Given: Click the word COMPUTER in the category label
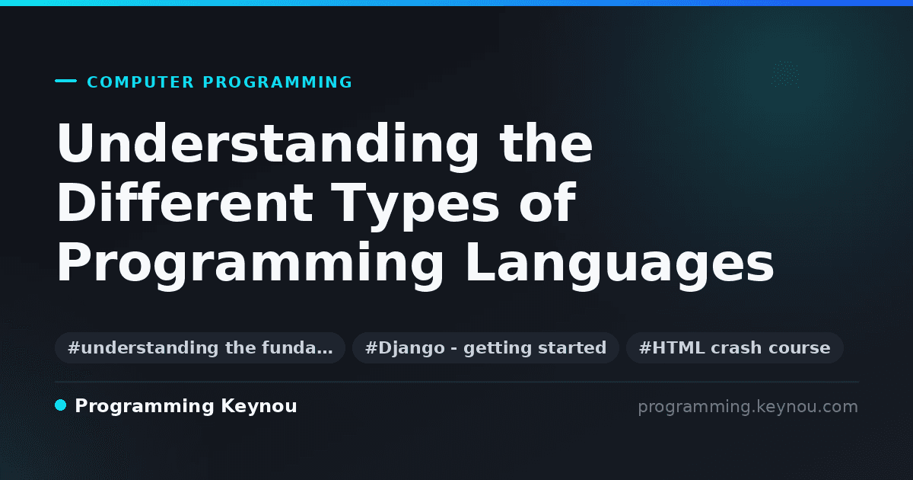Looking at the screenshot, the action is coord(141,82).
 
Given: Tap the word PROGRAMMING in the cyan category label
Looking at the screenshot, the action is coord(277,82).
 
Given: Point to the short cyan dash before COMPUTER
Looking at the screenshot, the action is coord(65,81).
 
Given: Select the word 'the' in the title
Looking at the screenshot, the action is coord(546,143).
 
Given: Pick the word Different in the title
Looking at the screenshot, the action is coord(185,203).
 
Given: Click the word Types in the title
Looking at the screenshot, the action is coord(415,206).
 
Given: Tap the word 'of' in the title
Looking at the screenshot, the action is coord(547,203).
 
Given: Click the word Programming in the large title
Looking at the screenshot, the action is coord(250,265).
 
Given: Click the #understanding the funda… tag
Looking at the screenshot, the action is coord(200,347).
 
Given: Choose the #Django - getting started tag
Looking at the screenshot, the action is coord(485,347).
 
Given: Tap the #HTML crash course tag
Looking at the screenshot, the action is coord(734,347).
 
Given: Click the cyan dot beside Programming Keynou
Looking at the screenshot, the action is coord(60,405).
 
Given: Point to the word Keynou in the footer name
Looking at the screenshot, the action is coord(259,407).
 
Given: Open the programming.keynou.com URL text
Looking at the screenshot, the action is coord(748,407).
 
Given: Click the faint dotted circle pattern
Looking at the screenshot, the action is coord(785,75).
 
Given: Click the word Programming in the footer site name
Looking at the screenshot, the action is coord(145,407).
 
